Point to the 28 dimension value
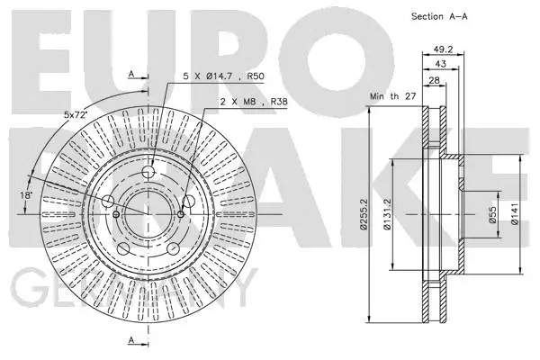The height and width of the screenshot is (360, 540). coord(434,81)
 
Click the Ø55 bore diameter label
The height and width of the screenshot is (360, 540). coord(494,216)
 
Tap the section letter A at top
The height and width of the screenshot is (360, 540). coord(131,73)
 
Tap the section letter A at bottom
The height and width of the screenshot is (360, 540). coord(131,340)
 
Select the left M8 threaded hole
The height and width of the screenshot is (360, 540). coord(117,214)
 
